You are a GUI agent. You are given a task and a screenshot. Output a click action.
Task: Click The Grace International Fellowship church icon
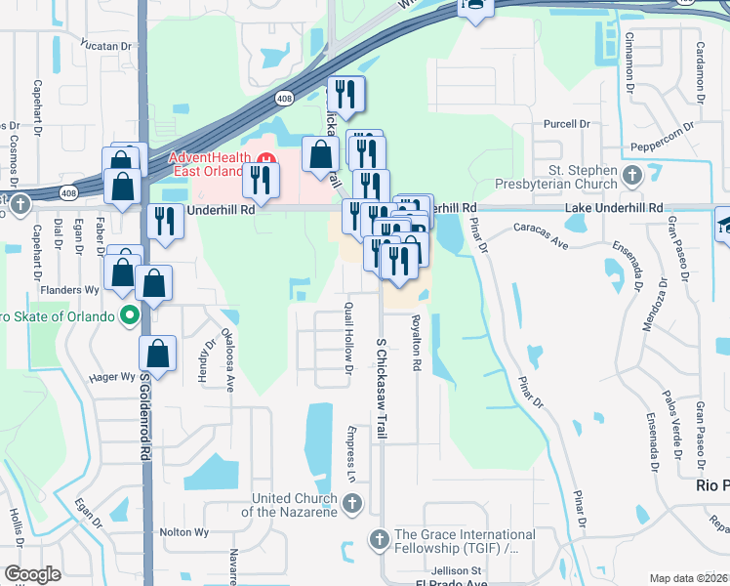pos(379,538)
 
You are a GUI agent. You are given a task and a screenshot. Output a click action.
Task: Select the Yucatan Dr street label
pos(106,46)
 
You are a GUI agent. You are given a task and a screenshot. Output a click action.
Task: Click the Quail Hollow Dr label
pos(347,337)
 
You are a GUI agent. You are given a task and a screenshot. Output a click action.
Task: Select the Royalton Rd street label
pos(416,342)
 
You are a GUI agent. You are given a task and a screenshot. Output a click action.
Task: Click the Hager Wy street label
pos(112,377)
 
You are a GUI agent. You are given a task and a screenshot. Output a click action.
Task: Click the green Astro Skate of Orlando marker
pos(128,314)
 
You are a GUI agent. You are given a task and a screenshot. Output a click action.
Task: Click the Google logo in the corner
pos(31,574)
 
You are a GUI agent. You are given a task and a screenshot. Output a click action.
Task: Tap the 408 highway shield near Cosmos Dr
pos(67,191)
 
